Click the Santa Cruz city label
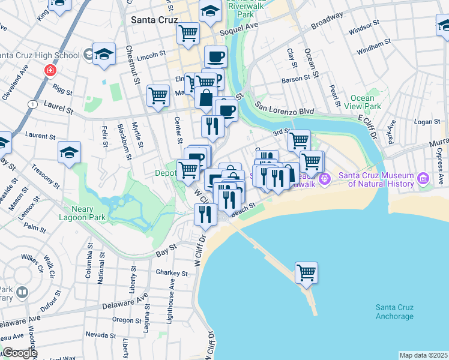point(152,19)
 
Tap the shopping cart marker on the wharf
point(306,272)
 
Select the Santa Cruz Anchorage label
point(394,311)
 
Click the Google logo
point(19,353)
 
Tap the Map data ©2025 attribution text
point(423,355)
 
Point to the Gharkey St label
point(172,272)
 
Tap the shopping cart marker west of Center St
point(158,95)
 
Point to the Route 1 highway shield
point(31,104)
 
